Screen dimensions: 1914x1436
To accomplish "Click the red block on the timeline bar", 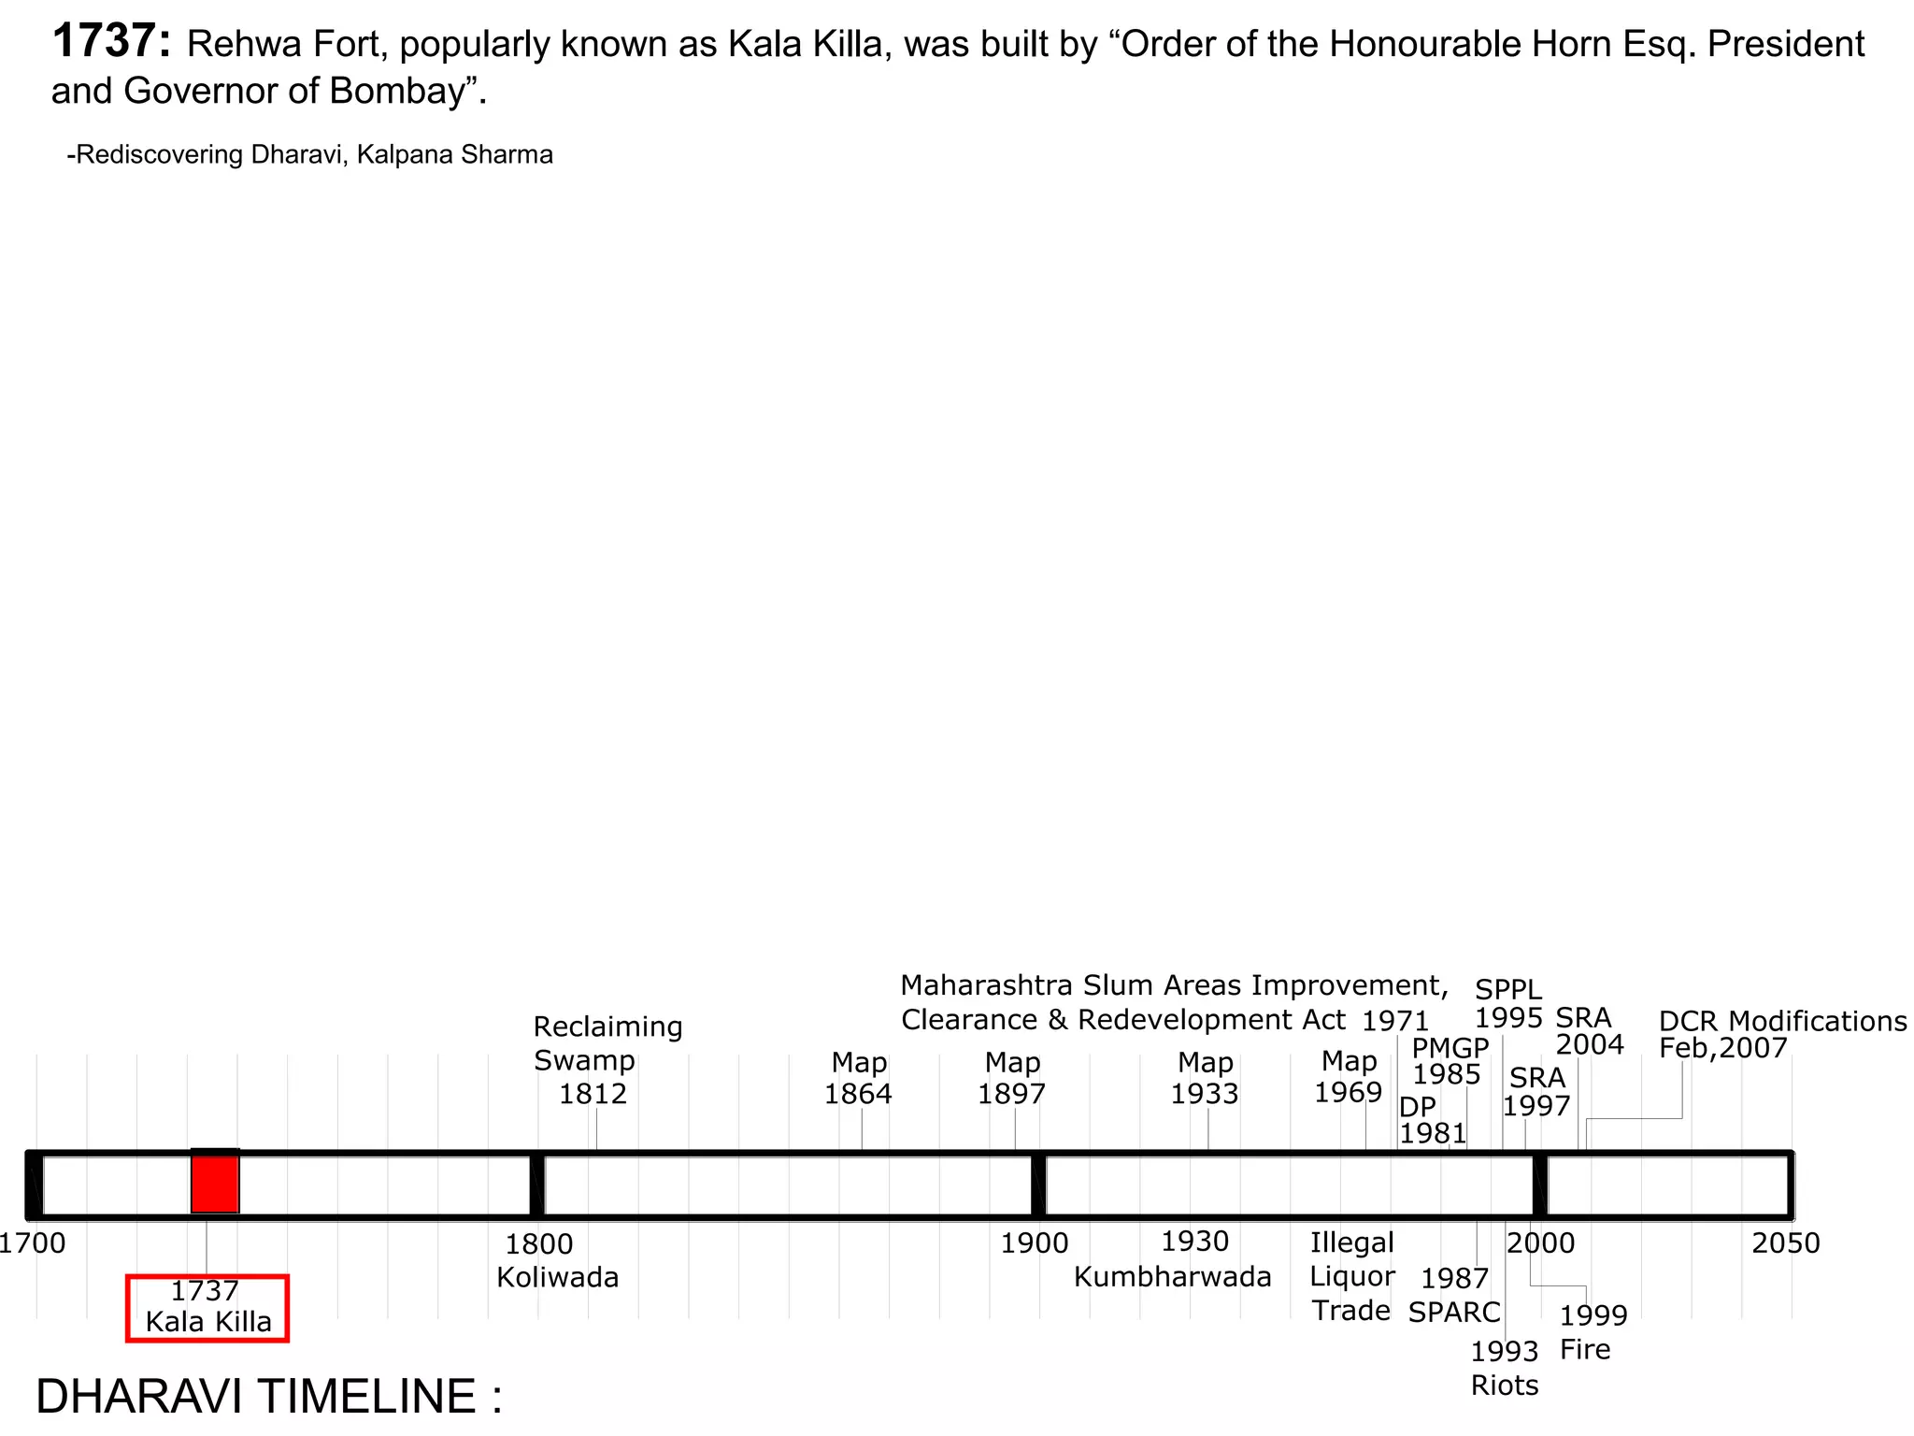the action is point(215,1182).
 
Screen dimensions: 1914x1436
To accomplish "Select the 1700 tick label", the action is point(33,1243).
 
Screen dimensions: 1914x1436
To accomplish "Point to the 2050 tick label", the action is point(1786,1243).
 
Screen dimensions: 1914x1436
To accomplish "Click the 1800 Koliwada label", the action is point(558,1260).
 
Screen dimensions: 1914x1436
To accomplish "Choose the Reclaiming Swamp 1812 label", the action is point(607,1060).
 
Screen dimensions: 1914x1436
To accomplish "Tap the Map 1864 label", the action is point(858,1078).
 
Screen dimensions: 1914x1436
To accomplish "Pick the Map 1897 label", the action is point(1012,1078).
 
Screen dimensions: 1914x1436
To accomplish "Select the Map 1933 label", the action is point(1205,1078).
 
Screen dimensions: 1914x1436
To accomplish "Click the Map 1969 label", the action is point(1349,1077).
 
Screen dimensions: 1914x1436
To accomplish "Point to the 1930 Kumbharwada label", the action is point(1173,1259).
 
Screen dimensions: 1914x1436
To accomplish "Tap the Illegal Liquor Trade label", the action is point(1352,1277).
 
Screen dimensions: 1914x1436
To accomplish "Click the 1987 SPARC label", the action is point(1455,1295).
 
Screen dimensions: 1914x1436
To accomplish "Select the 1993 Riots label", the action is point(1505,1368).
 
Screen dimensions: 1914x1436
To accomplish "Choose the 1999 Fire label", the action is point(1593,1331).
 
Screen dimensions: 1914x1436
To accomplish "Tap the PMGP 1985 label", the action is point(1450,1061).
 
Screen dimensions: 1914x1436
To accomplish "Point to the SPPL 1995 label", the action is point(1508,1003).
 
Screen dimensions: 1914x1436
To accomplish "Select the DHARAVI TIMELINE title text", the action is point(269,1396).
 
